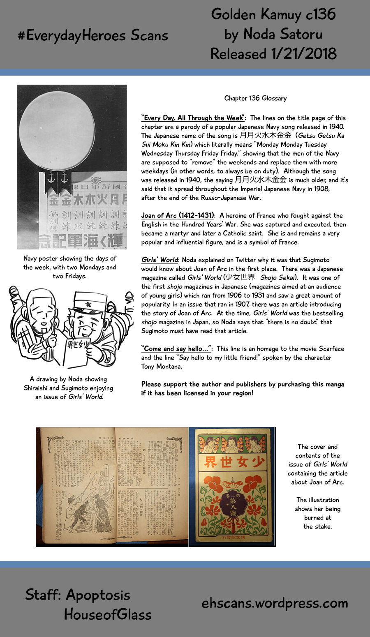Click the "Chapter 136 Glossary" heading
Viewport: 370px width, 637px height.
pyautogui.click(x=255, y=98)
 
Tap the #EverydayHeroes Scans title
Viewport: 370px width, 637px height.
pyautogui.click(x=93, y=36)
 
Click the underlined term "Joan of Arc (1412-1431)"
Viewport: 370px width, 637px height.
pyautogui.click(x=178, y=215)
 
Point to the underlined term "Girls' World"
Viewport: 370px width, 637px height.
pyautogui.click(x=160, y=260)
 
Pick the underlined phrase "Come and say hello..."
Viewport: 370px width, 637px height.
pyautogui.click(x=176, y=349)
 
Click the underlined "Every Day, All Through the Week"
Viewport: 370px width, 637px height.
pyautogui.click(x=193, y=118)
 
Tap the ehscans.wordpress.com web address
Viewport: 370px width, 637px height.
pyautogui.click(x=275, y=603)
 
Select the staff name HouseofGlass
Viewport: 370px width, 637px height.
pyautogui.click(x=108, y=615)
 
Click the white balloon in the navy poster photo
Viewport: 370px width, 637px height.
pyautogui.click(x=57, y=129)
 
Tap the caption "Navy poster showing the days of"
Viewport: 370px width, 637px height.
pyautogui.click(x=70, y=258)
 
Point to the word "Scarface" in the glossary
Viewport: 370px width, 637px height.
pyautogui.click(x=331, y=349)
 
